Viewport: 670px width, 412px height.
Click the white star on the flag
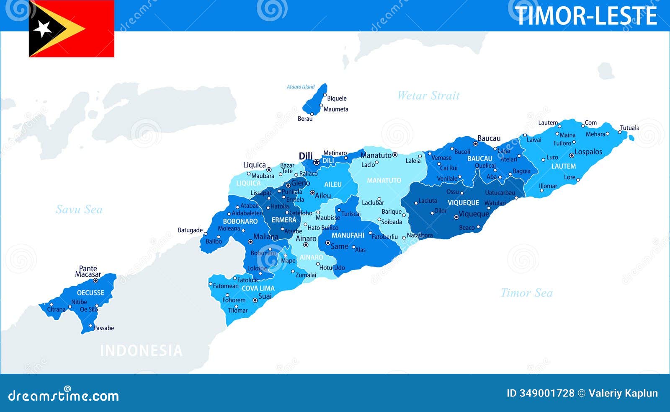[x=43, y=29]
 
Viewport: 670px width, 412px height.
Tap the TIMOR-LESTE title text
[x=585, y=16]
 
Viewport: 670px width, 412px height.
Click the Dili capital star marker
[x=317, y=162]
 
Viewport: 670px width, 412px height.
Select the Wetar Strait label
[x=428, y=96]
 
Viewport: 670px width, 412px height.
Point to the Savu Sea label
[x=79, y=209]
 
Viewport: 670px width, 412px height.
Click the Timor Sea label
[x=526, y=293]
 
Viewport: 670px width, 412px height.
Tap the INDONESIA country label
[x=141, y=350]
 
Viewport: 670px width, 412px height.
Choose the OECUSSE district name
[x=90, y=293]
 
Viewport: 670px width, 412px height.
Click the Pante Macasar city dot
[x=95, y=281]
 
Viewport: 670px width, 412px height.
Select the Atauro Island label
[x=301, y=87]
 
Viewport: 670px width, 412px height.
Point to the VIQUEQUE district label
[x=463, y=203]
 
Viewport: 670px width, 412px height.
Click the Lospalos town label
[x=588, y=152]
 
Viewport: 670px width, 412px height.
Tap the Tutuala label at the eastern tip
[x=629, y=128]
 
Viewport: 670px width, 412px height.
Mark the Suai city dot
[x=255, y=300]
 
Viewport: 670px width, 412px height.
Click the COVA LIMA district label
[x=258, y=288]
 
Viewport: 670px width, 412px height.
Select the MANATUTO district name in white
[x=384, y=180]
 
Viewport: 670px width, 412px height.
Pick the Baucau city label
[x=489, y=138]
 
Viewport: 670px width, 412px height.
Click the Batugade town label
[x=190, y=230]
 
